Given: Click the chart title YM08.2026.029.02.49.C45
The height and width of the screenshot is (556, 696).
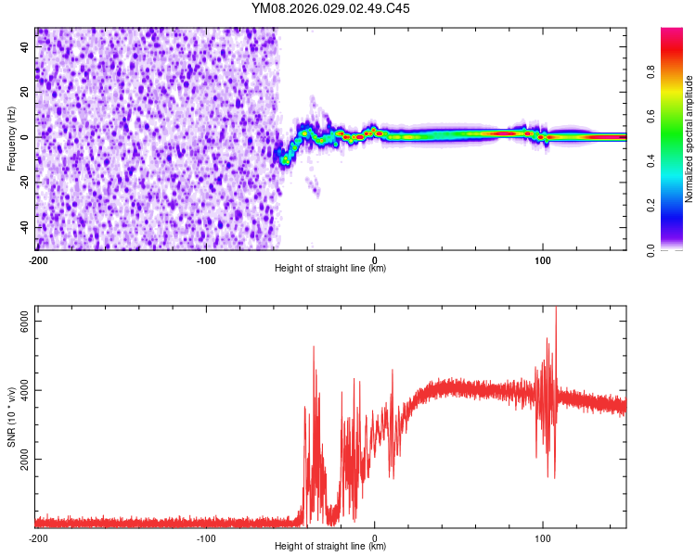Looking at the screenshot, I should (331, 9).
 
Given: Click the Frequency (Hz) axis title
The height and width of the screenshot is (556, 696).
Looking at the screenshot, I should (12, 138).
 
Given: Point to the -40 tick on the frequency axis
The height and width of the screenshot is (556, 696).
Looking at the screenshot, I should (24, 228).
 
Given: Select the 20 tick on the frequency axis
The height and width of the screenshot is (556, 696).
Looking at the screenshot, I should (24, 92).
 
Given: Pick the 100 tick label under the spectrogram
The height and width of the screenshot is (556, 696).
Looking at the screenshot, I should (543, 259).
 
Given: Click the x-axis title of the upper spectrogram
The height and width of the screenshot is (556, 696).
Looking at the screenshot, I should (331, 269).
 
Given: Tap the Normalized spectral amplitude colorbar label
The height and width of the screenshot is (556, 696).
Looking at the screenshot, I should (690, 138).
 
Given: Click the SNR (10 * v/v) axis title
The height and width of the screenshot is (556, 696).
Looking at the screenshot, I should (12, 416).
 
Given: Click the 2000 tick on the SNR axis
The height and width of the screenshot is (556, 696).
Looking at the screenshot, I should (24, 460).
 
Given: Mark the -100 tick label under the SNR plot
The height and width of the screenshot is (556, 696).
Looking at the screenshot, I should (206, 537).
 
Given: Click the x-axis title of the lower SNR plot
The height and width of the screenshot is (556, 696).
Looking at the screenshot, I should (331, 547).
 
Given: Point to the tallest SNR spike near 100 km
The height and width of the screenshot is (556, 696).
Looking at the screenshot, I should (556, 311).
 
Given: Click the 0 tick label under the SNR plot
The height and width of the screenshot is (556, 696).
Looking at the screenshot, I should (374, 537).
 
